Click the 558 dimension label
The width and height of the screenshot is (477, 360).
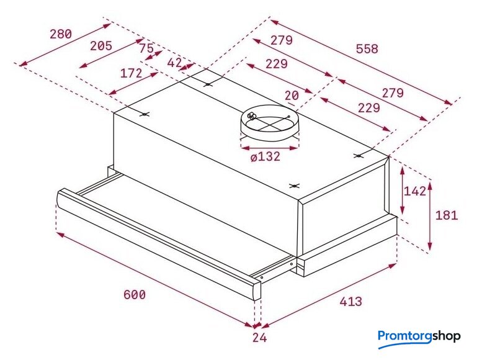(x=367, y=48)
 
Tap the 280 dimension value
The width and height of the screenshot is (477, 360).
(x=61, y=34)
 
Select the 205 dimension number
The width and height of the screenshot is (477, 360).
(x=101, y=46)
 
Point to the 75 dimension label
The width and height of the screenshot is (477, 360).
(x=146, y=48)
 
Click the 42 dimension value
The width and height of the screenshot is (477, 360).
(x=175, y=63)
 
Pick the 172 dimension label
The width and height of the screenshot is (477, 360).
(x=131, y=73)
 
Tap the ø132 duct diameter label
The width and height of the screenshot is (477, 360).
(x=265, y=156)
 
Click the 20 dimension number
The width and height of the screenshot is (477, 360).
(x=292, y=96)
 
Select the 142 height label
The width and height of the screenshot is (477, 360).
(x=415, y=191)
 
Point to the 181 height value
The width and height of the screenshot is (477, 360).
(x=447, y=215)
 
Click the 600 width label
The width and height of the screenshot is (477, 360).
(x=135, y=295)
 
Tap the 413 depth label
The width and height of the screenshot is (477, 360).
(x=351, y=302)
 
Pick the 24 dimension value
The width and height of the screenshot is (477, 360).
(x=259, y=338)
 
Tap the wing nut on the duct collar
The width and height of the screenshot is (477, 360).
(x=252, y=115)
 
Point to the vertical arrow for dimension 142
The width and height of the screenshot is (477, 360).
(x=403, y=191)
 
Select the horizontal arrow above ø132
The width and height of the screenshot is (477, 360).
(x=269, y=148)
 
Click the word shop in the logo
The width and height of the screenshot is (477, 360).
(x=446, y=337)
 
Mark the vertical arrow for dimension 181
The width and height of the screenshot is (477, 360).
(x=429, y=215)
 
